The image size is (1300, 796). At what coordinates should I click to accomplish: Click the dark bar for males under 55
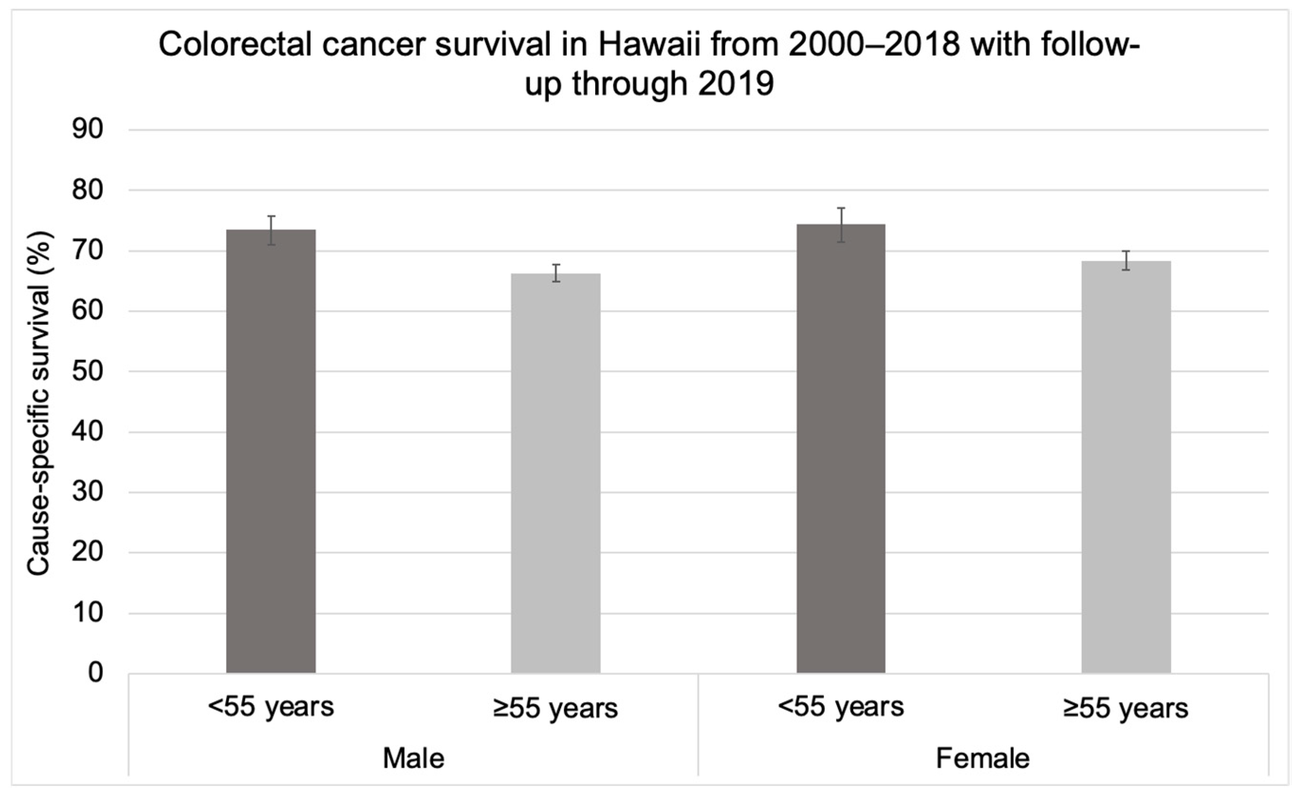point(271,451)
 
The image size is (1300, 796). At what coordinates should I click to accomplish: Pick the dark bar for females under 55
point(841,449)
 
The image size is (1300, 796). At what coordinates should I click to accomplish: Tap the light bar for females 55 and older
point(1126,467)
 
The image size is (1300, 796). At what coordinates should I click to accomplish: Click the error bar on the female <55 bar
point(841,225)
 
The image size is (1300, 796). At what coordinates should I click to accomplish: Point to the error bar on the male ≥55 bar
point(555,273)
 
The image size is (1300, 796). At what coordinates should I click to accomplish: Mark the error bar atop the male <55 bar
point(271,230)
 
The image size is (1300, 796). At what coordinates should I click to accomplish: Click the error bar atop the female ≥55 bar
point(1126,260)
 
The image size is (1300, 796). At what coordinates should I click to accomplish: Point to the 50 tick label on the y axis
point(88,371)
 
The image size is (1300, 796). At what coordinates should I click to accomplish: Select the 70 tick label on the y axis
point(88,250)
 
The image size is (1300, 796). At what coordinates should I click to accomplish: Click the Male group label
point(413,759)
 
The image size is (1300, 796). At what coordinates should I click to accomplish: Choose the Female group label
point(982,759)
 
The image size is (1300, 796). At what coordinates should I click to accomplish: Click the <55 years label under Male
point(271,706)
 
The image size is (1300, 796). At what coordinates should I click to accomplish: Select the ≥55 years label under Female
point(1125,708)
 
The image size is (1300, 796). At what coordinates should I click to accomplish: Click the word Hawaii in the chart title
point(649,45)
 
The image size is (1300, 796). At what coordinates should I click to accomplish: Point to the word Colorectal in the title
point(235,45)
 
